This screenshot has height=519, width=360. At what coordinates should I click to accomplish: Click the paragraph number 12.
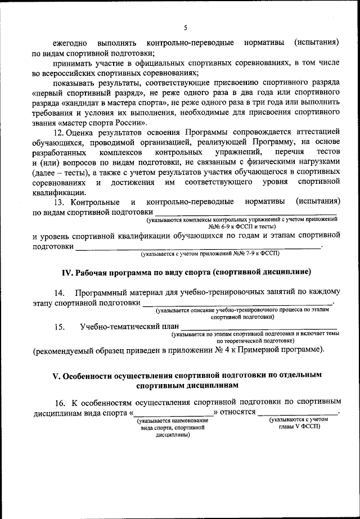58,133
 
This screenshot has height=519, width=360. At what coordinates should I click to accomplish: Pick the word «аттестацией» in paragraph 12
318,133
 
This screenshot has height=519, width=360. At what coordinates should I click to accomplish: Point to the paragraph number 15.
59,326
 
